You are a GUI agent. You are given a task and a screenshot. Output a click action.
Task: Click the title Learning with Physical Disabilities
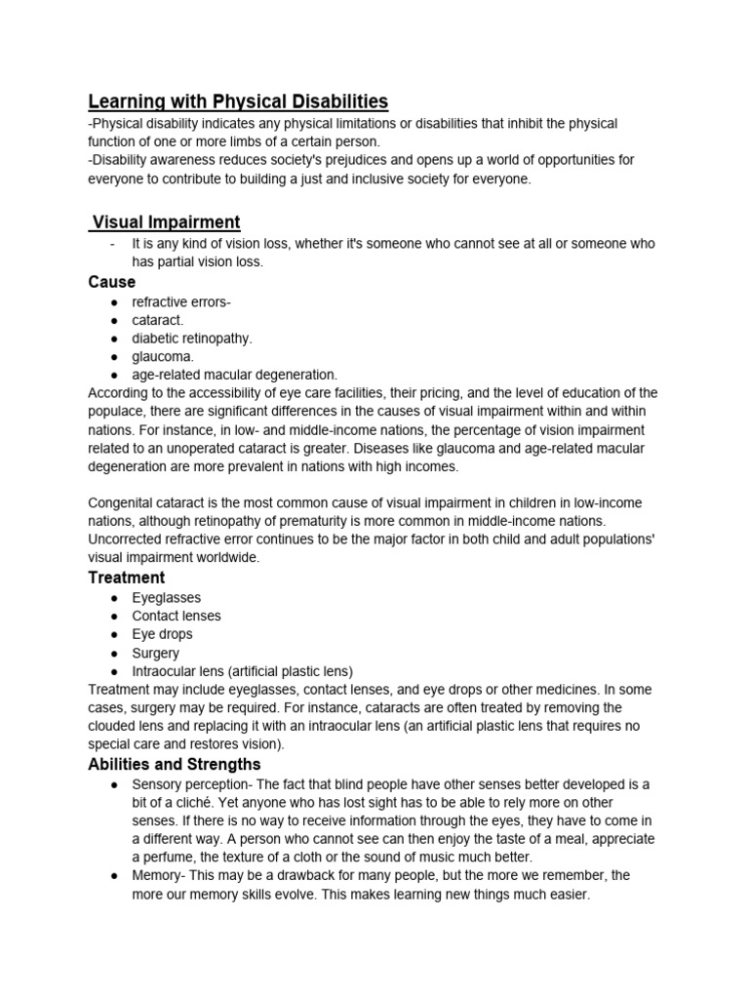click(238, 101)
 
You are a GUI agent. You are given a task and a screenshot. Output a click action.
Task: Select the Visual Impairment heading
click(166, 222)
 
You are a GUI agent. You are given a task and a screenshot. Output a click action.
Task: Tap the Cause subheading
click(112, 282)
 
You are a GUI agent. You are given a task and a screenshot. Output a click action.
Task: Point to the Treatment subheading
click(127, 578)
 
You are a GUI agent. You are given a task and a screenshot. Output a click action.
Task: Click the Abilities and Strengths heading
click(175, 764)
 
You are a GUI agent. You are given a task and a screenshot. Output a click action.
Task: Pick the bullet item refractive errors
click(181, 301)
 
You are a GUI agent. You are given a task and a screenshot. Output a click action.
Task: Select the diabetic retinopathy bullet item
click(192, 339)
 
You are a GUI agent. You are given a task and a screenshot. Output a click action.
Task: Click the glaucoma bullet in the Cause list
click(163, 357)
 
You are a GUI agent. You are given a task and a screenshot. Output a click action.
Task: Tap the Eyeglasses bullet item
click(167, 597)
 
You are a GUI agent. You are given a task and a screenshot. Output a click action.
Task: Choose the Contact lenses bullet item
click(177, 616)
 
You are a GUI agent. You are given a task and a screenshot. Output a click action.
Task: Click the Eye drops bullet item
click(163, 634)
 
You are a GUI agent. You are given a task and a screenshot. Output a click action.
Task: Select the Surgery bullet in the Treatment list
click(156, 653)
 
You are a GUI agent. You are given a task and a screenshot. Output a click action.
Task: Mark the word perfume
click(171, 858)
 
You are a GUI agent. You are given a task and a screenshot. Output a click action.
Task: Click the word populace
click(117, 412)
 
